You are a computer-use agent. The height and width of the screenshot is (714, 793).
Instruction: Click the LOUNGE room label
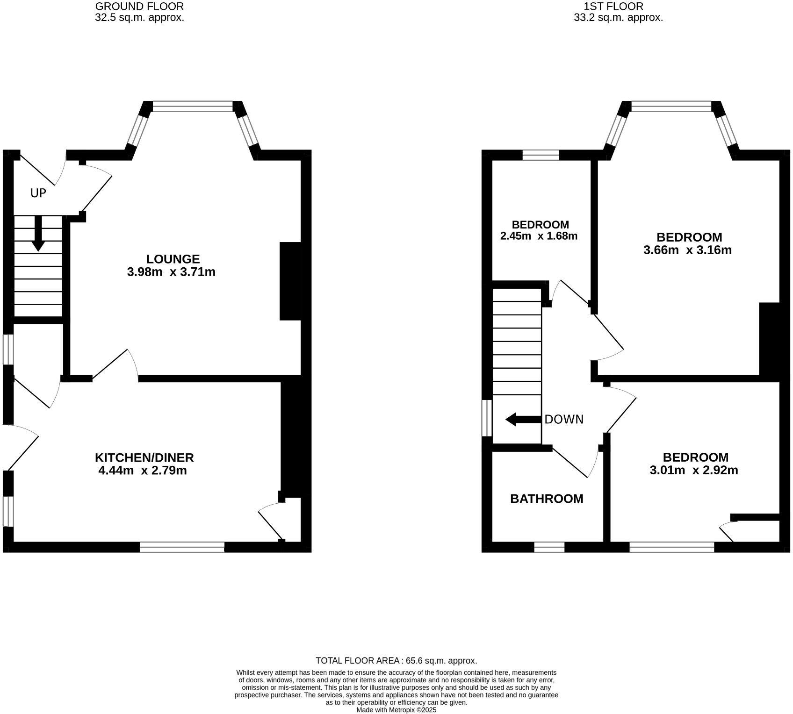(173, 259)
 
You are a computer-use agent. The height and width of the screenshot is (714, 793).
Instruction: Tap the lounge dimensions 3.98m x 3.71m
(171, 272)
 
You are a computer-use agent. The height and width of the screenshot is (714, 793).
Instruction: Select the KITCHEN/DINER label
(144, 457)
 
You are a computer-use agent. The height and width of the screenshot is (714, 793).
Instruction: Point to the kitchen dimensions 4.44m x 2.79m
(143, 471)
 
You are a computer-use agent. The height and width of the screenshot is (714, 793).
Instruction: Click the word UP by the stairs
(38, 193)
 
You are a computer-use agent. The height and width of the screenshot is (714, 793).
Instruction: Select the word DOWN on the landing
(564, 420)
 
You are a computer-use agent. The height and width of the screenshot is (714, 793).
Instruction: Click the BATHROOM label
(547, 499)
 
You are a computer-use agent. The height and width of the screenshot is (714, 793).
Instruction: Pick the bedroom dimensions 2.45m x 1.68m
(539, 236)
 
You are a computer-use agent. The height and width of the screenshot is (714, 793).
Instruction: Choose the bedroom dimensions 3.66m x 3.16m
(687, 250)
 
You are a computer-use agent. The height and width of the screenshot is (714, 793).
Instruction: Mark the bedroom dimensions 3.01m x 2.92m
(694, 470)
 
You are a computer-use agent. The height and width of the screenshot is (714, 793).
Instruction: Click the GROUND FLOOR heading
(139, 7)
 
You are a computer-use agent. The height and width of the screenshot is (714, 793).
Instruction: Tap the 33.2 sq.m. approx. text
(618, 18)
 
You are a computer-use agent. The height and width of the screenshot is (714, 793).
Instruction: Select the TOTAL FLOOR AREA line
(396, 661)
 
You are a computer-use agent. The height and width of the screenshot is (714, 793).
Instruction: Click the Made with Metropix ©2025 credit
(396, 710)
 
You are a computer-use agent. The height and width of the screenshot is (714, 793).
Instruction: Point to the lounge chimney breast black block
(290, 281)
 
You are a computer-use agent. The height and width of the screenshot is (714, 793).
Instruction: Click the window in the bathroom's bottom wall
(549, 547)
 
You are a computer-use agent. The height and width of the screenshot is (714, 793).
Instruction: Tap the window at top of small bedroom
(541, 155)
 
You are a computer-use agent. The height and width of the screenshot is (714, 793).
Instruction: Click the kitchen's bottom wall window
(182, 547)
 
